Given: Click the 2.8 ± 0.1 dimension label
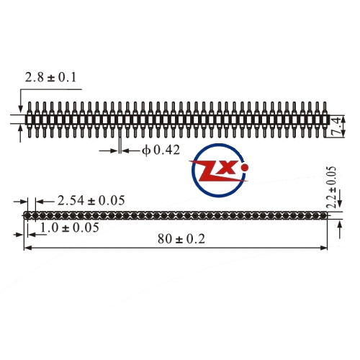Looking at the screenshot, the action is pyautogui.click(x=50, y=78).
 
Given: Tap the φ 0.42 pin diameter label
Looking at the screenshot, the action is pyautogui.click(x=161, y=150).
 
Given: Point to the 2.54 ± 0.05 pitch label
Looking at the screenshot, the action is pyautogui.click(x=91, y=201).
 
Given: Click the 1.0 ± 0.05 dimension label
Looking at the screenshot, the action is pyautogui.click(x=69, y=228).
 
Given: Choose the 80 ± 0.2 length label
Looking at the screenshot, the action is pyautogui.click(x=181, y=239).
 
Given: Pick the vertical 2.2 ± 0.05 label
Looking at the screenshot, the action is pyautogui.click(x=331, y=187).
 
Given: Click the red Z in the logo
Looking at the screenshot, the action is pyautogui.click(x=209, y=172).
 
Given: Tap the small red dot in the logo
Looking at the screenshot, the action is pyautogui.click(x=245, y=167).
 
